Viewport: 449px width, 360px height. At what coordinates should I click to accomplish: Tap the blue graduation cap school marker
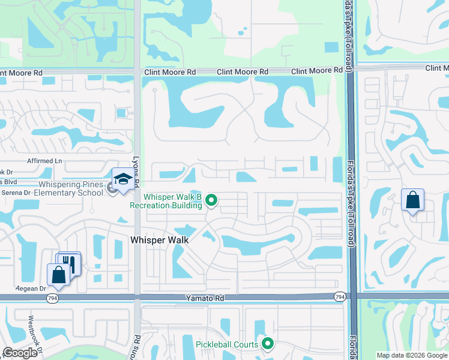[x=123, y=180]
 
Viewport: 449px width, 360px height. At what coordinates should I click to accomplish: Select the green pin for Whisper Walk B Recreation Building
[x=211, y=200]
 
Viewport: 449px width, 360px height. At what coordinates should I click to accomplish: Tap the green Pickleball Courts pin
[x=267, y=344]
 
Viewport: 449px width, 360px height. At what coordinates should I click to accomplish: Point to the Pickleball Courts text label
[x=227, y=344]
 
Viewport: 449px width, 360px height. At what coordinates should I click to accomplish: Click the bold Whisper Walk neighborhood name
[x=160, y=240]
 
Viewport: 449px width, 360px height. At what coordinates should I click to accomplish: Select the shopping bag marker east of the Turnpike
[x=412, y=201]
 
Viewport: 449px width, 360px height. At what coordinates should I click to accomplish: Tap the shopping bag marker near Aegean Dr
[x=58, y=275]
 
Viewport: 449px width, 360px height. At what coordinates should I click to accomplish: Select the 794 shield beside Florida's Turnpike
[x=340, y=296]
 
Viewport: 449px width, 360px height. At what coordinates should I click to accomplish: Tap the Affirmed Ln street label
[x=44, y=161]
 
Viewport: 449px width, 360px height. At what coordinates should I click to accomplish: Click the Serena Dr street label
[x=16, y=193]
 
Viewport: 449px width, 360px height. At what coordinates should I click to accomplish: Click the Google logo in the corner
[x=20, y=353]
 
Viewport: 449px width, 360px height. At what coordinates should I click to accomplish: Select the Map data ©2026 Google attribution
[x=411, y=355]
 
